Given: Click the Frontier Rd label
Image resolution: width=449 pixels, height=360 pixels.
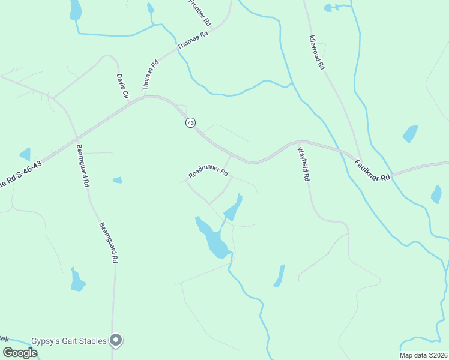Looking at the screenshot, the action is [x=200, y=12].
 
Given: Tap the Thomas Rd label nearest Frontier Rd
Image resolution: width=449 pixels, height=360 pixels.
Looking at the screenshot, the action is [x=192, y=40].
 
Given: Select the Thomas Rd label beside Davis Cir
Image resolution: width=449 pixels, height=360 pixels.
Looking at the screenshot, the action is [x=151, y=76].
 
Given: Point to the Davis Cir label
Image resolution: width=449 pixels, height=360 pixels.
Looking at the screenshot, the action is [x=122, y=86].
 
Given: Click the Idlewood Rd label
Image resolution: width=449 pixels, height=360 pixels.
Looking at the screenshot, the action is [x=317, y=52].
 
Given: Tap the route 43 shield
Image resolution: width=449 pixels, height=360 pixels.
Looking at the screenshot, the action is [x=190, y=122].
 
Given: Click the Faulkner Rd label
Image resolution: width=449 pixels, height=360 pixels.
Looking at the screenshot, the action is [x=372, y=170].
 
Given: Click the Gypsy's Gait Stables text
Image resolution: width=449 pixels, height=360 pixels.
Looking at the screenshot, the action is [x=74, y=341].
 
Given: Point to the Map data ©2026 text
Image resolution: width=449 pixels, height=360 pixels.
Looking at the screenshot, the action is [x=423, y=355].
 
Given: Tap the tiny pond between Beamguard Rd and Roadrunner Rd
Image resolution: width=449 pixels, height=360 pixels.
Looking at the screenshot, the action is [x=117, y=180].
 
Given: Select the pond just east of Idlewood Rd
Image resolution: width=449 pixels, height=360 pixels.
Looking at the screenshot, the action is [x=410, y=133].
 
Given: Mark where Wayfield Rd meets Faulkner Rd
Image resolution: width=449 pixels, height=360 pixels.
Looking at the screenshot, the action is [x=298, y=142].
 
